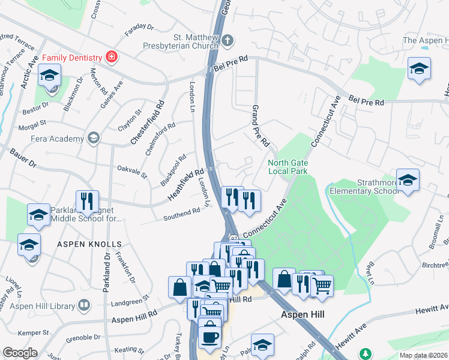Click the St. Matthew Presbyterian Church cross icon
[227, 41]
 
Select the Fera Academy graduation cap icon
[93, 139]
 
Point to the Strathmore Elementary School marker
[408, 181]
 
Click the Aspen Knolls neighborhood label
[89, 244]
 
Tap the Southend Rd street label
[182, 213]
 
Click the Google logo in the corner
[20, 353]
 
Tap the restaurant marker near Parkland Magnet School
[87, 202]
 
